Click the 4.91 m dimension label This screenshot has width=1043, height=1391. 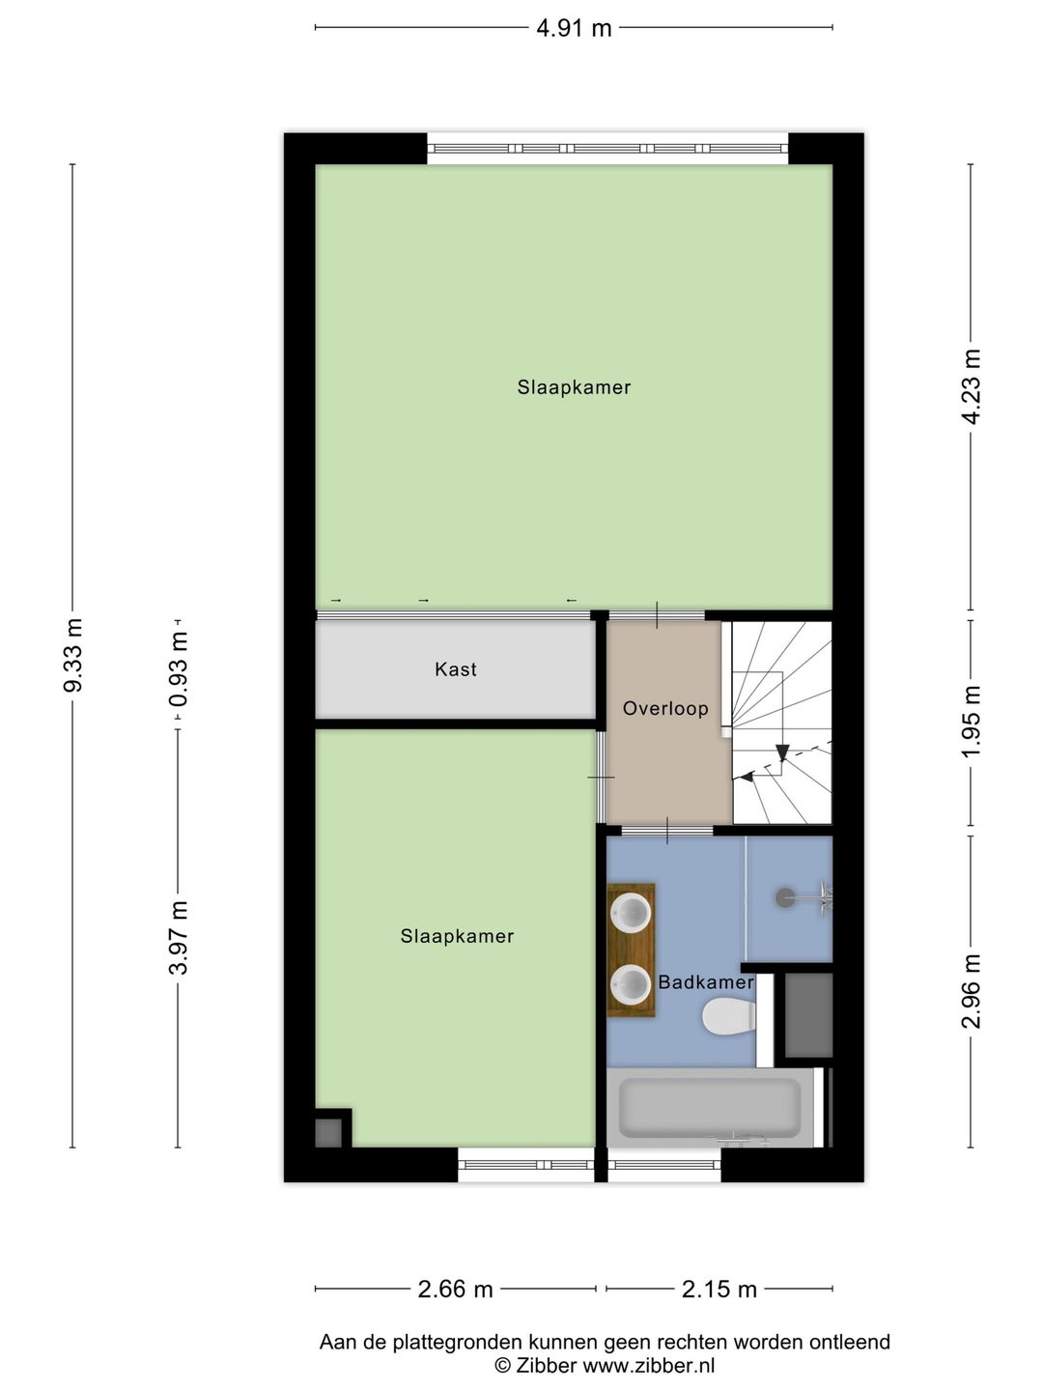coord(574,29)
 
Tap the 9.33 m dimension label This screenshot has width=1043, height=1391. coord(73,655)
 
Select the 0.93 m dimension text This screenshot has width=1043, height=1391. coord(179,669)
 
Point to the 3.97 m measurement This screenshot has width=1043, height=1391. coord(179,937)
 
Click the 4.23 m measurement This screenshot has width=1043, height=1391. coord(971,386)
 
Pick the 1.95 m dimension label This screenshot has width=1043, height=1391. coord(971,721)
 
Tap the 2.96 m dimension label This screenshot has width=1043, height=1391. coord(971,991)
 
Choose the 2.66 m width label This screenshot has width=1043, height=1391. coord(455,1289)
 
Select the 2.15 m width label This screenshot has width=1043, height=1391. coord(719,1289)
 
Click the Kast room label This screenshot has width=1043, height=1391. coord(455,669)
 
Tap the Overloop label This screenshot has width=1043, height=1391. coord(665,708)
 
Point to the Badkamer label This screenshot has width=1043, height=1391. coord(705,982)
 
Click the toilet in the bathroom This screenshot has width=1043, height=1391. coord(729,1016)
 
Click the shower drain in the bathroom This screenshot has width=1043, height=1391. coord(785,896)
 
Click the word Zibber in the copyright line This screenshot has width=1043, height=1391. coord(546,1365)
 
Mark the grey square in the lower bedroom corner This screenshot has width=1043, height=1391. coord(328,1133)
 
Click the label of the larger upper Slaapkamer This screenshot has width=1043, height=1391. coord(574,387)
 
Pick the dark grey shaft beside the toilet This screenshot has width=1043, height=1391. coord(808,1015)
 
